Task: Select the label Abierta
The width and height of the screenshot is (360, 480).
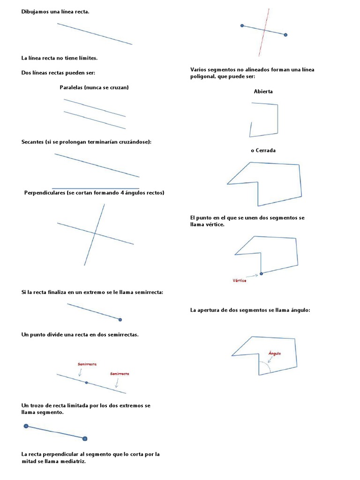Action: pos(263,91)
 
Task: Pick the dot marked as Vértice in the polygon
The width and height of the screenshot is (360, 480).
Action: pos(261,273)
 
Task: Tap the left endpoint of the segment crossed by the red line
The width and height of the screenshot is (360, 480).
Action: pos(242,25)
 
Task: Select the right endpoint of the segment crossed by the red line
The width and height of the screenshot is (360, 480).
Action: pos(285,35)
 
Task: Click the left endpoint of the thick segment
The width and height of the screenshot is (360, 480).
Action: pos(26,426)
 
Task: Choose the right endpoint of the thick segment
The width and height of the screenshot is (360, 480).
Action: pos(85,439)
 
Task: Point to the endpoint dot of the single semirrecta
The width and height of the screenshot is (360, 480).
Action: pos(120,320)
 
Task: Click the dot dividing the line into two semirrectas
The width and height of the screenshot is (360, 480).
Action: pos(86,382)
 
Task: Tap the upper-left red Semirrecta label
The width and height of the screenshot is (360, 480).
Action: pos(87,364)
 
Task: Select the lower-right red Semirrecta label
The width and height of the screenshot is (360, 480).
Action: pos(120,374)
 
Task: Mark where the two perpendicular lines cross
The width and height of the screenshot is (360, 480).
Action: pos(96,233)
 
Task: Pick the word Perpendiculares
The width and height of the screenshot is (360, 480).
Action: pos(45,193)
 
